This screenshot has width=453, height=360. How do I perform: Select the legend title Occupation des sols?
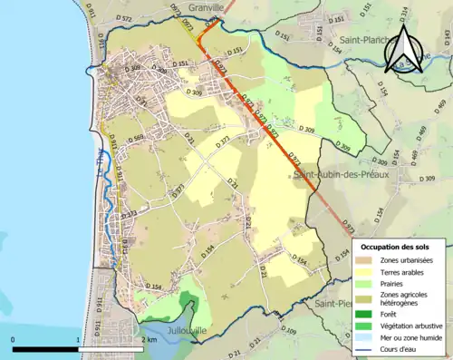tap(399, 247)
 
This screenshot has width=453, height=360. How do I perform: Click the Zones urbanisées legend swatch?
tap(368, 258)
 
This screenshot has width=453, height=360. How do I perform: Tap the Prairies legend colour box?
tap(368, 281)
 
